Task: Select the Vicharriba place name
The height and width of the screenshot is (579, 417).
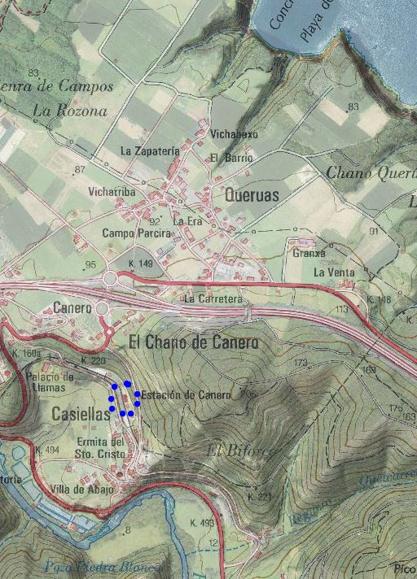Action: click(112, 192)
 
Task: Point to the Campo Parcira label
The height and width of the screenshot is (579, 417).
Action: click(137, 233)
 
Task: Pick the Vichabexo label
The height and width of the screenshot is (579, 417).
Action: click(234, 133)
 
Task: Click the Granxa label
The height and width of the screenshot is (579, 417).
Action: click(308, 253)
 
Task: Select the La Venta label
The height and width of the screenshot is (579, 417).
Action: click(331, 272)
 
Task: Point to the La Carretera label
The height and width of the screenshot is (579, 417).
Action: click(213, 299)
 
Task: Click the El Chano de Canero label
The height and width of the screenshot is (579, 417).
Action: click(194, 342)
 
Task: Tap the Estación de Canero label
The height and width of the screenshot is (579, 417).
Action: click(187, 395)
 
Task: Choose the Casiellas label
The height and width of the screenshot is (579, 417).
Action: click(80, 414)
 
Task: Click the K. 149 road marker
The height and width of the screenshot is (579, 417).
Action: click(141, 264)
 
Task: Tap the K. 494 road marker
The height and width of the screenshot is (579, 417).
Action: click(48, 450)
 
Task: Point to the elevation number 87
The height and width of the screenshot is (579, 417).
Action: click(79, 169)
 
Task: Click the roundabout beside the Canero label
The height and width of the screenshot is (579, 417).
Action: click(102, 309)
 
